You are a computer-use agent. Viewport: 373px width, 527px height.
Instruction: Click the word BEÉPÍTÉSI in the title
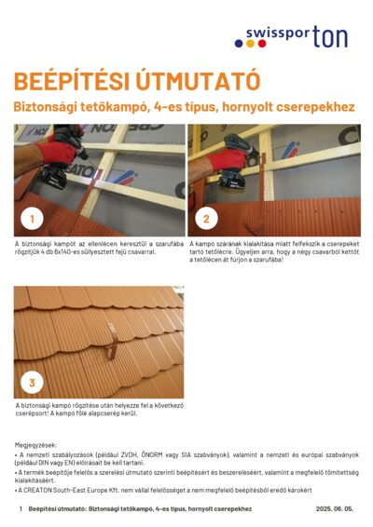point(66,80)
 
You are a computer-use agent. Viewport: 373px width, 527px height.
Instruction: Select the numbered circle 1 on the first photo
point(33,220)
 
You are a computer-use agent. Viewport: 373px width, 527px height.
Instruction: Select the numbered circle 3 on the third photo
point(33,382)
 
